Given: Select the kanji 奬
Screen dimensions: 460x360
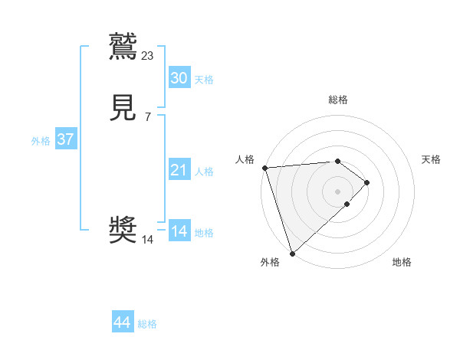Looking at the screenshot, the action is [123, 230].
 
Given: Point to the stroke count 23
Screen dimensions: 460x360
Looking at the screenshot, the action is [148, 55].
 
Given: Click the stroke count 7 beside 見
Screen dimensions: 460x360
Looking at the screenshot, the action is [148, 116].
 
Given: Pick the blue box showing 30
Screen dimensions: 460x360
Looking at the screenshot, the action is [179, 78].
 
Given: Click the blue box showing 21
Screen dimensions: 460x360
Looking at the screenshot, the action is [179, 170].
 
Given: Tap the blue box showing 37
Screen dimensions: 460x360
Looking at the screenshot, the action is [65, 139].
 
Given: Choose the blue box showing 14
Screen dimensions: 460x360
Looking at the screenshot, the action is [179, 231].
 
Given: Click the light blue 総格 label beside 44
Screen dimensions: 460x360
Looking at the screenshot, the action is [147, 324].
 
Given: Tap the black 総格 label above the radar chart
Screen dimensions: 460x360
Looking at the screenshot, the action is [337, 100].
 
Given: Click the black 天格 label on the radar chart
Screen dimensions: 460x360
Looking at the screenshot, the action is [431, 159].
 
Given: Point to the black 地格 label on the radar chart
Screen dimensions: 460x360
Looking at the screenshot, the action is [402, 262].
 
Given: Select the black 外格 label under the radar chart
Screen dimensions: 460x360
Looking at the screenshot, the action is [270, 262].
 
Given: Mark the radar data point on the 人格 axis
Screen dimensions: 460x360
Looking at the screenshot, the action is [264, 168].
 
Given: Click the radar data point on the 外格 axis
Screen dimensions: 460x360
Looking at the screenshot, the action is [291, 252].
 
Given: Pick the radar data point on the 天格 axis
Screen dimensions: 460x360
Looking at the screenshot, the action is [367, 182].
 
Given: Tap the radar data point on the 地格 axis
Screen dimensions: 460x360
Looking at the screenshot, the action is [347, 204].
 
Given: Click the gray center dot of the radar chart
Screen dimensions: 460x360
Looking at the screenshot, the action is [337, 191].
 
